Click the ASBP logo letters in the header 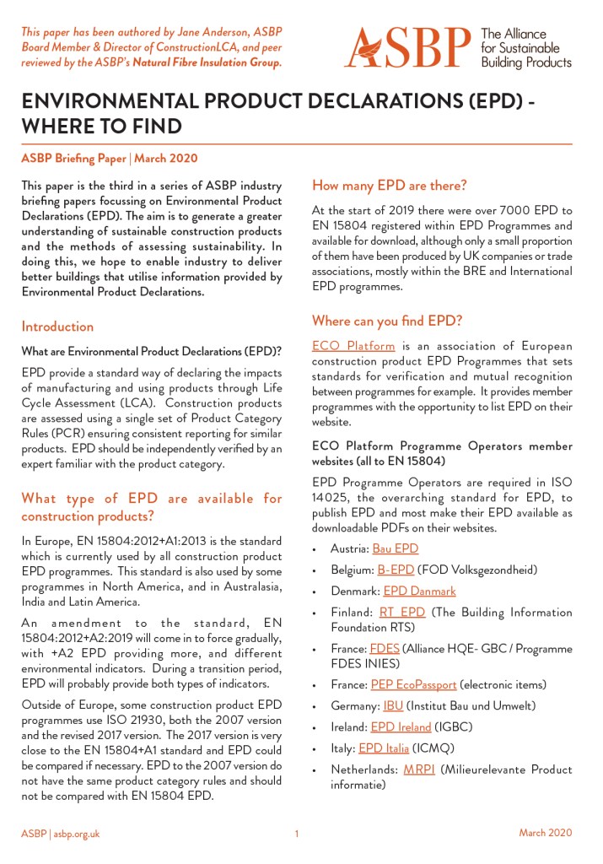click(407, 47)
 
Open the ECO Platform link click(353, 346)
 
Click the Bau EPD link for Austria click(395, 548)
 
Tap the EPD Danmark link click(419, 591)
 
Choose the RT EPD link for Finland click(401, 612)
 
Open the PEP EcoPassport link click(413, 684)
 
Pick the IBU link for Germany click(393, 705)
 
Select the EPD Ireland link click(407, 726)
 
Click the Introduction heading click(57, 327)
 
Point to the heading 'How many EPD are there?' click(389, 185)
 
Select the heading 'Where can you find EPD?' click(386, 321)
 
